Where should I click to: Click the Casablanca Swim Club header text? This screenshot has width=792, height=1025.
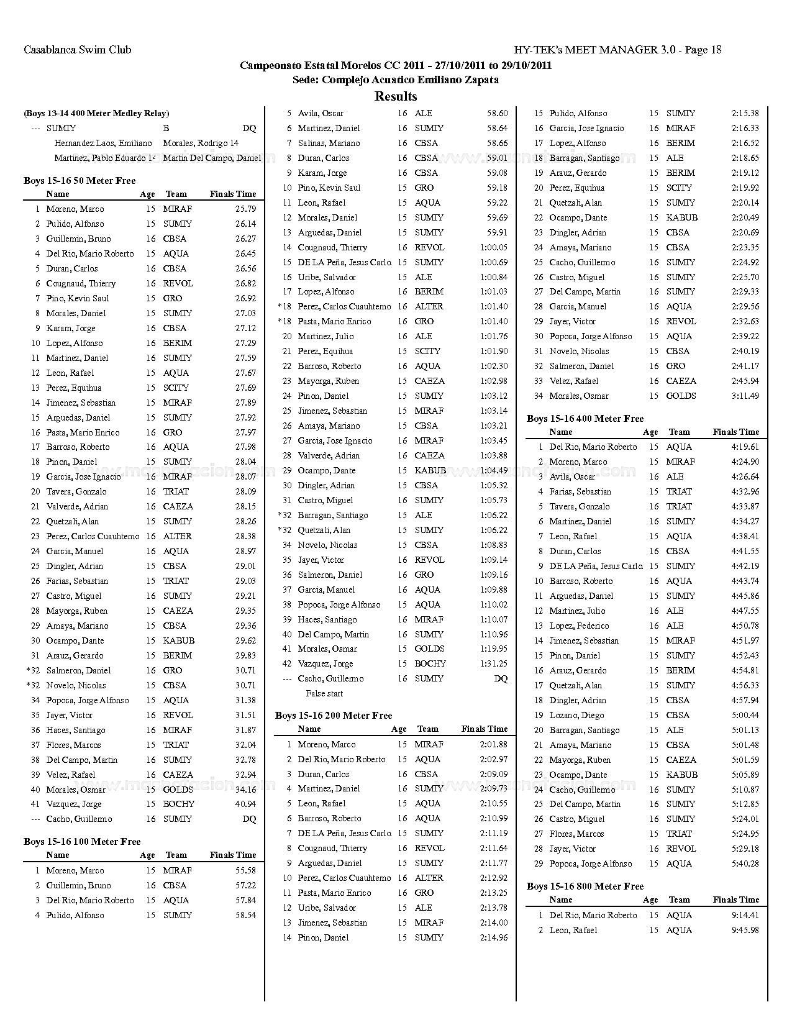click(77, 50)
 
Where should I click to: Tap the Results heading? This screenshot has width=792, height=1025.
click(396, 96)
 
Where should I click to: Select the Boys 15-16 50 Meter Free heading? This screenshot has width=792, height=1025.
click(80, 181)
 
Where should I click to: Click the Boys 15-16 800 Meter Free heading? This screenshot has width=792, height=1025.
click(585, 886)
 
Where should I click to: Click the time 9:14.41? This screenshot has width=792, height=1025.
click(745, 915)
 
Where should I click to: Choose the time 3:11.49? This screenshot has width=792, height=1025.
click(745, 396)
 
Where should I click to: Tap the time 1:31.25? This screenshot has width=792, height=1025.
click(494, 663)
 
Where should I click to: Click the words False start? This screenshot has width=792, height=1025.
click(324, 693)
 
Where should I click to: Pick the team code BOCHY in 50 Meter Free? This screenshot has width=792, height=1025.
click(178, 804)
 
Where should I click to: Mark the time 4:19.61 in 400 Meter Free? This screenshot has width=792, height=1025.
click(745, 447)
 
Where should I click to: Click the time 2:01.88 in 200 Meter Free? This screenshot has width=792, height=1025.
click(494, 744)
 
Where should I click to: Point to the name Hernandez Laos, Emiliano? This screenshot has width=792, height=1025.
click(103, 143)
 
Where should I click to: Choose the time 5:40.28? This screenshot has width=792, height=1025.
click(745, 863)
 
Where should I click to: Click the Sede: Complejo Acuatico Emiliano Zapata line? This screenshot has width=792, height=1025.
click(396, 80)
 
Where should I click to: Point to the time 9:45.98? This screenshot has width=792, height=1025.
click(745, 930)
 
